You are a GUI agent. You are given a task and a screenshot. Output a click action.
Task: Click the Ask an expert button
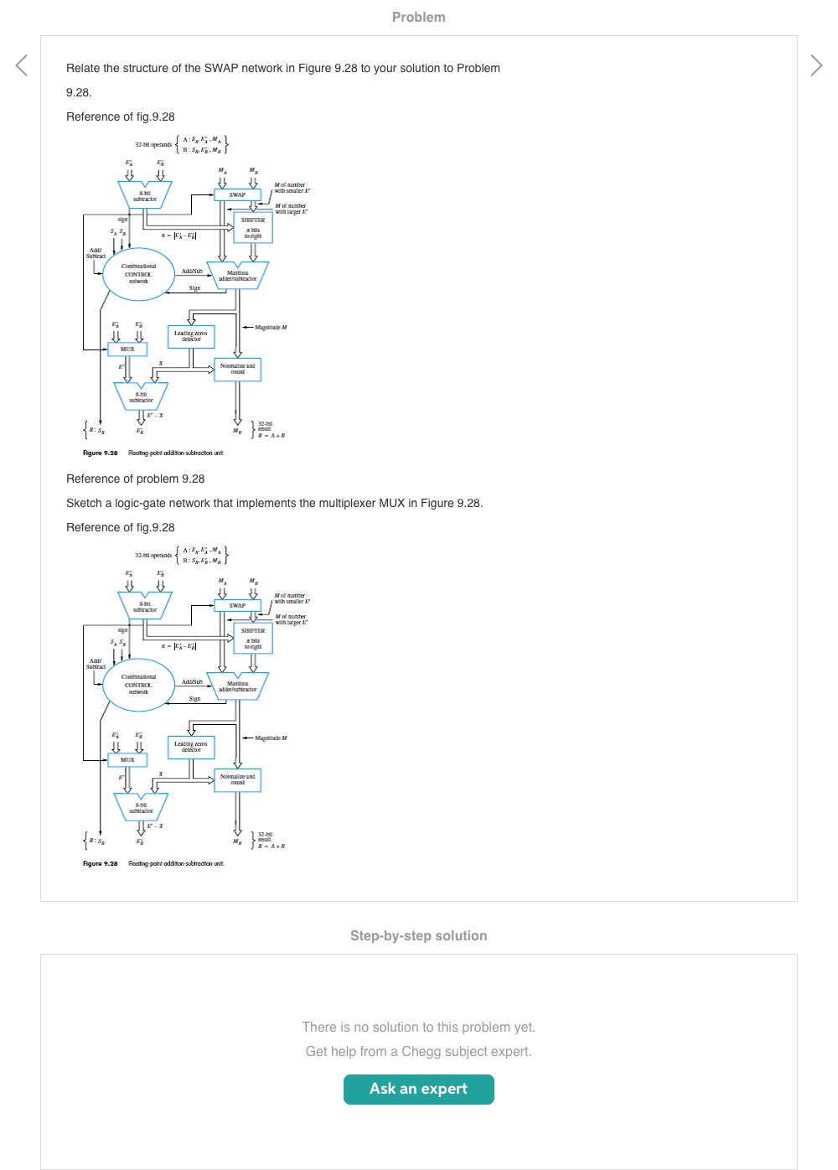418,1089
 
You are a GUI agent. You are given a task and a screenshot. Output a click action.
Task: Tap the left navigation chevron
22,65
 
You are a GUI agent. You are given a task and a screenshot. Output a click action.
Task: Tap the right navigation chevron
816,65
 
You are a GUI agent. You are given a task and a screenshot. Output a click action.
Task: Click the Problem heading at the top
418,17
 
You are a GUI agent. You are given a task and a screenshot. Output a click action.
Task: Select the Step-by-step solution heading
418,935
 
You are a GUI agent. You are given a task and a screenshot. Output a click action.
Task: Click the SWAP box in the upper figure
237,194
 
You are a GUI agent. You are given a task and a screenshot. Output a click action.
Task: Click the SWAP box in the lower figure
237,605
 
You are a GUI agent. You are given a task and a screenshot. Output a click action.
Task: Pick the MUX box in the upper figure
127,349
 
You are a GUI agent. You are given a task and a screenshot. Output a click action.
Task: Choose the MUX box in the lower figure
127,759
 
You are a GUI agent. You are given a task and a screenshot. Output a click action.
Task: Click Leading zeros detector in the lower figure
191,747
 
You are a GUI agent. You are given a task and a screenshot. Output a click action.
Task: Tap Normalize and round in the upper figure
237,369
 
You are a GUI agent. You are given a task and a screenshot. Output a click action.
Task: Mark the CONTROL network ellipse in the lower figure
138,684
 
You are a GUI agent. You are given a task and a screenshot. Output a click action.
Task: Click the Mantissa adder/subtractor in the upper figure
237,275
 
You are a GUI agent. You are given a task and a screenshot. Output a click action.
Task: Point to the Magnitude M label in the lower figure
271,738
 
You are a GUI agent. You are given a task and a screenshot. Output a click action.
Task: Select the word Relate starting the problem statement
83,68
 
